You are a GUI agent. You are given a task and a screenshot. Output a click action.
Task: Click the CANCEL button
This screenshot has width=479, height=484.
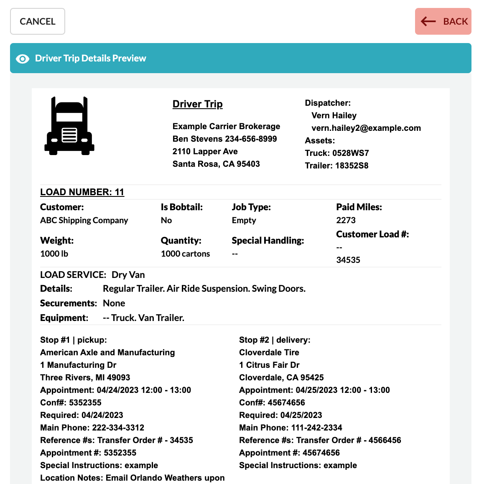[38, 21]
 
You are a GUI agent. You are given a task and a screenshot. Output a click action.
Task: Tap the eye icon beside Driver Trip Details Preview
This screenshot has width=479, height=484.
[23, 59]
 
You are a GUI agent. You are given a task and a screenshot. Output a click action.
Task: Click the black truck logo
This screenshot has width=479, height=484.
[69, 126]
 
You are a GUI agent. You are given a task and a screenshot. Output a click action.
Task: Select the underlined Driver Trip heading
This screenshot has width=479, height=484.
[197, 104]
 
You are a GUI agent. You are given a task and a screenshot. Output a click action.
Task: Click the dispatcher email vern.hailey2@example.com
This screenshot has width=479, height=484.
[366, 128]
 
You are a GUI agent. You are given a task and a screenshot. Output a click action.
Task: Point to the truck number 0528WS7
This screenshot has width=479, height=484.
[351, 153]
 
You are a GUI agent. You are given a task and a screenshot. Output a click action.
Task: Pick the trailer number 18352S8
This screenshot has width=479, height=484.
[352, 166]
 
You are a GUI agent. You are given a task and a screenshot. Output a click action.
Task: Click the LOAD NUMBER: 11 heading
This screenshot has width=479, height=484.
[82, 192]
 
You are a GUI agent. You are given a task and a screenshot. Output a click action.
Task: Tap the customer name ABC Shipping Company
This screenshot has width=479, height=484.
[84, 220]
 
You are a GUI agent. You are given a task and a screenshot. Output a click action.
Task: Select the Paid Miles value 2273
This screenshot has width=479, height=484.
[346, 220]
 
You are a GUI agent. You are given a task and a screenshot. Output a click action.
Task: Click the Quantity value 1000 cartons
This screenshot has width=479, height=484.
[185, 254]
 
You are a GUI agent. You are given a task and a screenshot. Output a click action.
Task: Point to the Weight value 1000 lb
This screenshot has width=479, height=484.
[54, 254]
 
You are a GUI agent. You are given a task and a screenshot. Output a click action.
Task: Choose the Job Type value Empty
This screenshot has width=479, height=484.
[244, 220]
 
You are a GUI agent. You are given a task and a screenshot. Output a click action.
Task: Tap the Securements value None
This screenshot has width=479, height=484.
[114, 303]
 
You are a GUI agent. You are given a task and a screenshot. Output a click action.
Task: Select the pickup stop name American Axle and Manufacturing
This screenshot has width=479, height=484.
[107, 353]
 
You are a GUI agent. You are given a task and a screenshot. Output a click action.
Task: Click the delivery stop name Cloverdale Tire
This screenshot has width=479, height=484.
[269, 353]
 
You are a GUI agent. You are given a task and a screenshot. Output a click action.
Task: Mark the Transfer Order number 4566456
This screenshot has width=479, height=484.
[385, 441]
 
